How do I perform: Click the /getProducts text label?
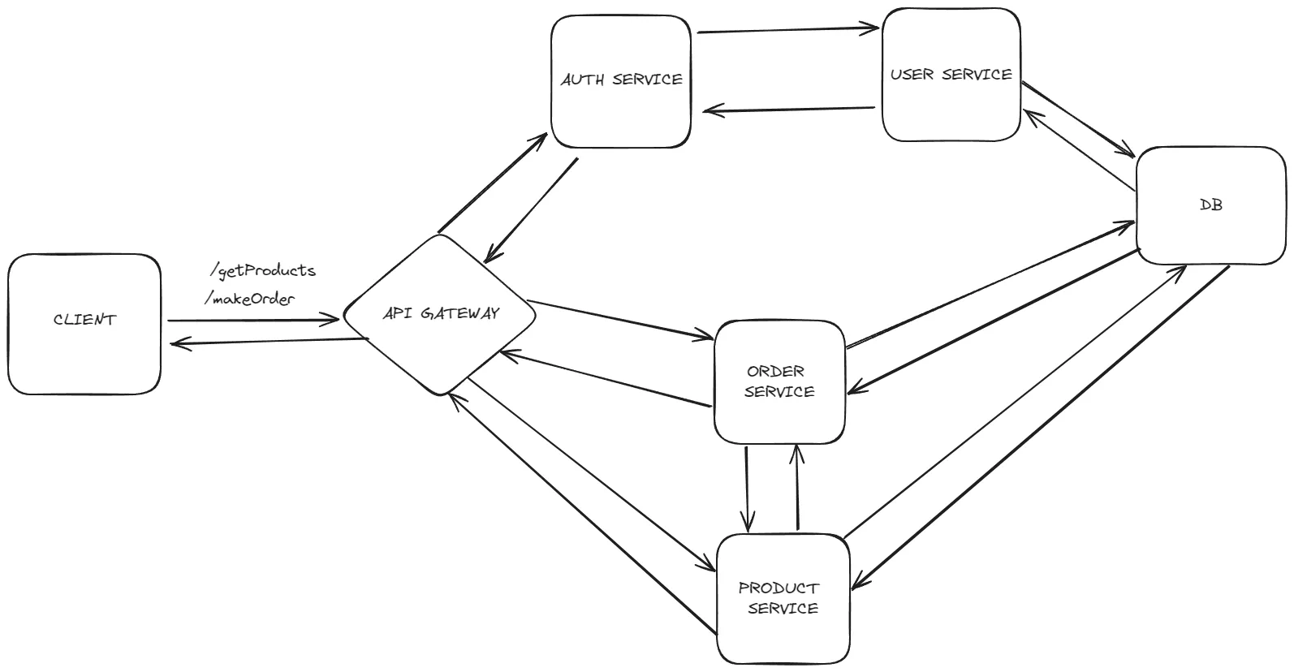click(x=262, y=269)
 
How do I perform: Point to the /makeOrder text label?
click(x=250, y=299)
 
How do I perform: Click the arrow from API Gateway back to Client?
click(x=268, y=341)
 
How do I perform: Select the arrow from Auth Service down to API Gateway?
click(x=531, y=209)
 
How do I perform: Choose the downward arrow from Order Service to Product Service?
click(x=747, y=487)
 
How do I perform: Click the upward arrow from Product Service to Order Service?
click(x=798, y=487)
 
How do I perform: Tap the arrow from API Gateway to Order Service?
click(x=619, y=319)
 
